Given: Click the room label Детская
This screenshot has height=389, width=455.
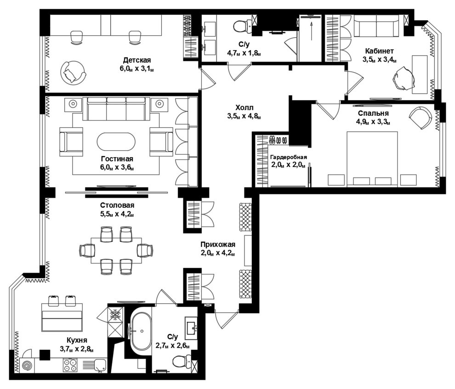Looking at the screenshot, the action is pyautogui.click(x=137, y=60).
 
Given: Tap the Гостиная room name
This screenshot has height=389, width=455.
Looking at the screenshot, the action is pyautogui.click(x=117, y=159).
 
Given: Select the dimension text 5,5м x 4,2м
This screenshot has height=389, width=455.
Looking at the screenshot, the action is pyautogui.click(x=117, y=214).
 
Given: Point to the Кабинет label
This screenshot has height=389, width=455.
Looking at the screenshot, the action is pyautogui.click(x=379, y=51).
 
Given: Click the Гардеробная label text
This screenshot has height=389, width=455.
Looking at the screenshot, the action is pyautogui.click(x=289, y=157).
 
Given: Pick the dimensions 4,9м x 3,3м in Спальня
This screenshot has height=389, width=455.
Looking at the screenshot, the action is pyautogui.click(x=373, y=122).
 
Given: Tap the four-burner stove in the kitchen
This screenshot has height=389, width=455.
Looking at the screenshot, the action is pyautogui.click(x=70, y=365).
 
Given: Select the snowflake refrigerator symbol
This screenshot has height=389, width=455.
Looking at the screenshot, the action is pyautogui.click(x=115, y=315).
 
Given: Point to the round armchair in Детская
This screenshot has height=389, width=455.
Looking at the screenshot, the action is pyautogui.click(x=73, y=73).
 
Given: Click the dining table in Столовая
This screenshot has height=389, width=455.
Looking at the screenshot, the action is pyautogui.click(x=116, y=250).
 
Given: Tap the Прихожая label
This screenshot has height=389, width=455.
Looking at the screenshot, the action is pyautogui.click(x=218, y=245).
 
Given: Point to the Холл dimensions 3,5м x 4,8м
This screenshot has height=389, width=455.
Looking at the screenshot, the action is pyautogui.click(x=244, y=116).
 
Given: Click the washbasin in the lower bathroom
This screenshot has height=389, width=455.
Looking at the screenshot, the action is pyautogui.click(x=191, y=328).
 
